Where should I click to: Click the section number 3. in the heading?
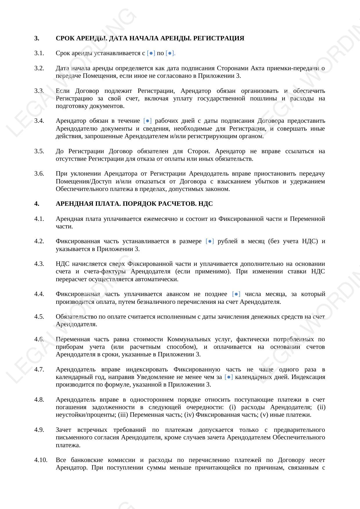pos(37,38)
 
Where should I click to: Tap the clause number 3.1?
pos(39,53)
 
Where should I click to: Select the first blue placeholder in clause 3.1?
pos(151,53)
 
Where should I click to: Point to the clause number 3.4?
pos(39,121)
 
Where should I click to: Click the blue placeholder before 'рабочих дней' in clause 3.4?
pos(148,121)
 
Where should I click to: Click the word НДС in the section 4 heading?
pos(206,204)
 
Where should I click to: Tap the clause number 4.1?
pos(39,219)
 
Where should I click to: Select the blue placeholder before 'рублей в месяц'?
pos(210,241)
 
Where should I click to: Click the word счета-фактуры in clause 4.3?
pos(105,271)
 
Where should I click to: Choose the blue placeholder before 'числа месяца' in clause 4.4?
pos(236,294)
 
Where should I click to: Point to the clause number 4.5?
pos(39,317)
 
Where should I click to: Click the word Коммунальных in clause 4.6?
pos(189,339)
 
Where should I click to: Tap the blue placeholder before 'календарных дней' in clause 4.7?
pos(229,377)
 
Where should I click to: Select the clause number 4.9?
pos(39,430)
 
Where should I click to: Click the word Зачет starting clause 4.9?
pos(63,430)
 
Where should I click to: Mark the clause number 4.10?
pos(41,460)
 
